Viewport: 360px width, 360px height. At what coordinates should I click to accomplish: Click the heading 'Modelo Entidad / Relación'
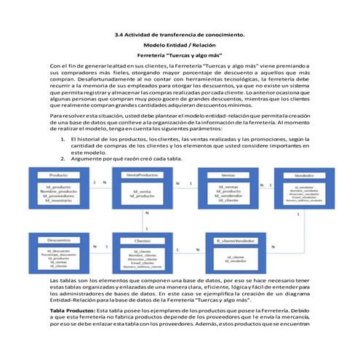[x=180, y=45]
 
